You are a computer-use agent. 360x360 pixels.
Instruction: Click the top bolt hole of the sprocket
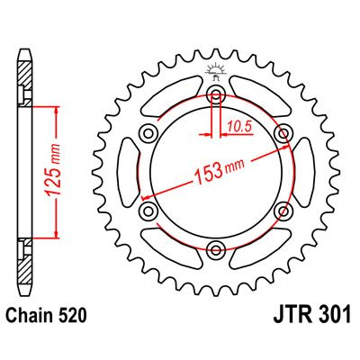[x=216, y=95]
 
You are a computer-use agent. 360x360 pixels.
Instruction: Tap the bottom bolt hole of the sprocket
[x=216, y=249]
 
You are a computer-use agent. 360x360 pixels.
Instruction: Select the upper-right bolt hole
[x=283, y=134]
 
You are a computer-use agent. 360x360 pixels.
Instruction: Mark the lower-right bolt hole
[x=283, y=211]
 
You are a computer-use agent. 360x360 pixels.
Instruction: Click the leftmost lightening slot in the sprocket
[x=129, y=173]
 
